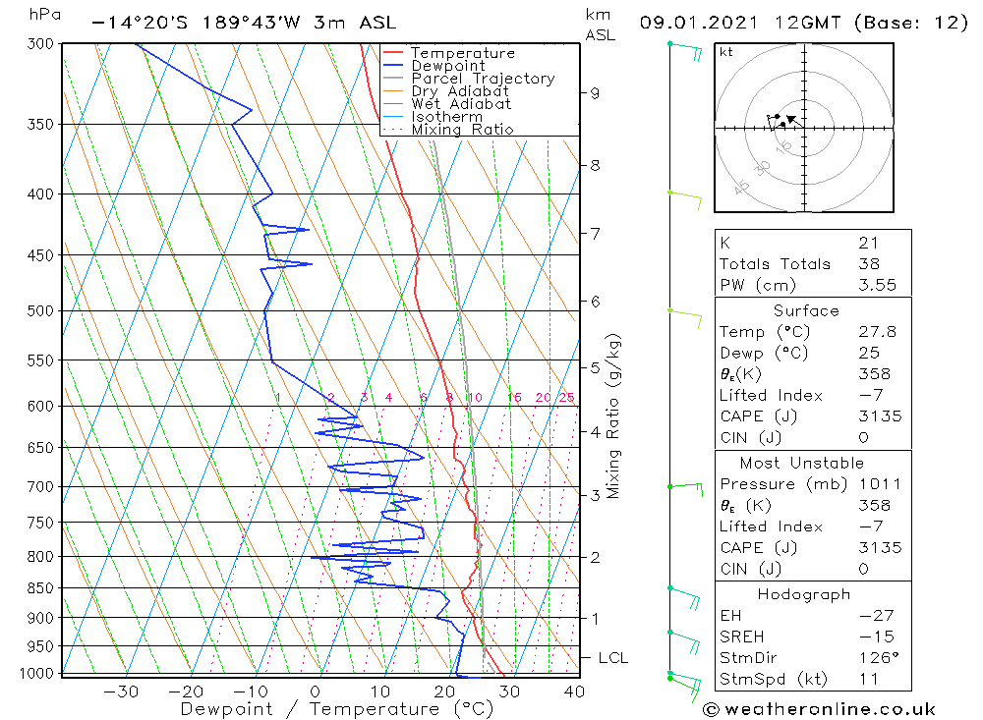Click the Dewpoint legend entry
[447, 66]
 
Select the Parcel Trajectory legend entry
[483, 79]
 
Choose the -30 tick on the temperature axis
[121, 692]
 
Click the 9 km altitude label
[595, 93]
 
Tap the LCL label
[612, 658]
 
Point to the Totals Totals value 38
[868, 264]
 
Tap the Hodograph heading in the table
[805, 594]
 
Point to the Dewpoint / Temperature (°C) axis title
[336, 708]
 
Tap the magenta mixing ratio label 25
[566, 398]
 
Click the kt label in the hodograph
[725, 52]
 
